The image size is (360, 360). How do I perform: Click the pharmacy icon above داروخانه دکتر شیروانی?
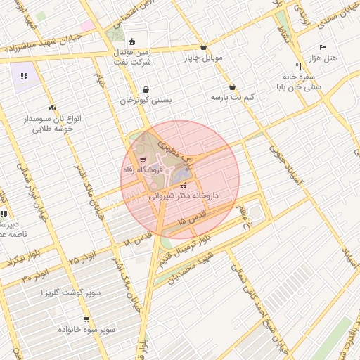(x=184, y=187)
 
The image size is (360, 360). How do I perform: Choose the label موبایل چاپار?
(x=204, y=58)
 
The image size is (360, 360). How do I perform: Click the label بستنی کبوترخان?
(x=145, y=101)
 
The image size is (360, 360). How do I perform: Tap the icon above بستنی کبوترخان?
(x=146, y=90)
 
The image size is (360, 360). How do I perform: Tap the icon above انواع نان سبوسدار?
(x=52, y=108)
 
